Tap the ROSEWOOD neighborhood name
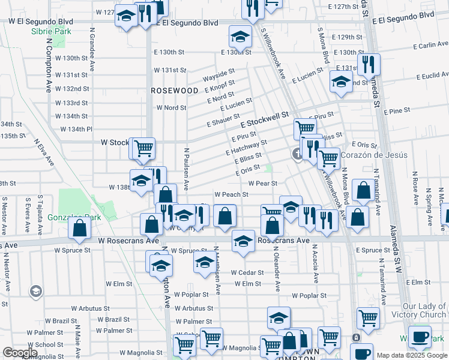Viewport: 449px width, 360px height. (174, 91)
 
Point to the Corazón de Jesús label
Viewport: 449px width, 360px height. (374, 155)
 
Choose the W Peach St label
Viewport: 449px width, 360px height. (231, 194)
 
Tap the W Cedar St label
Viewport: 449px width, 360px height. (247, 272)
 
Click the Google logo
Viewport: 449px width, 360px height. (20, 353)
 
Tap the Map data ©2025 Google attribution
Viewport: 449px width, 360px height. (411, 355)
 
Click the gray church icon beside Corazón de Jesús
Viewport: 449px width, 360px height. (297, 154)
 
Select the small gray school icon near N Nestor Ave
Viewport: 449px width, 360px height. (35, 292)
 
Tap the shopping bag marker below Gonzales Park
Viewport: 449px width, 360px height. (79, 229)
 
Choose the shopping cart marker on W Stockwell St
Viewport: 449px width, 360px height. (143, 148)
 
